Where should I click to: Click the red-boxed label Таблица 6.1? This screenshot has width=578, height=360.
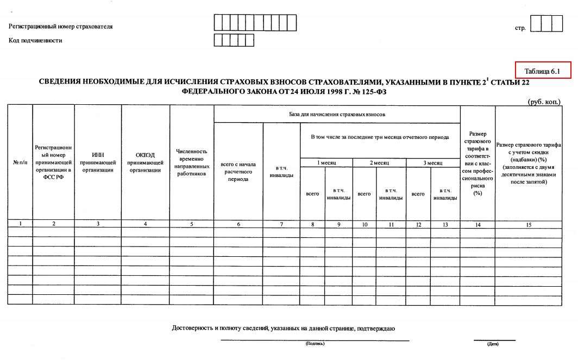coord(542,71)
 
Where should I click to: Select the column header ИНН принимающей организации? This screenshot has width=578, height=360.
coord(98,162)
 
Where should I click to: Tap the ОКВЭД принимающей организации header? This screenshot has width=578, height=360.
coord(146,162)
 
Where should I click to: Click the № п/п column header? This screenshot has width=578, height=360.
coord(20,162)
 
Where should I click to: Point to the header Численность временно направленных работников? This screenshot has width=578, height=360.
coord(192,162)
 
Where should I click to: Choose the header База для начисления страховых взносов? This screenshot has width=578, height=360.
coord(337,115)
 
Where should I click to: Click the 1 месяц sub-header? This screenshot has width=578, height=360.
coord(326,163)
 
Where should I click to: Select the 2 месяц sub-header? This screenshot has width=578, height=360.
coord(379,163)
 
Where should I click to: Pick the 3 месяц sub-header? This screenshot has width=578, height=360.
coord(432,163)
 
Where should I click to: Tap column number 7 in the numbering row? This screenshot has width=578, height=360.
coord(281,225)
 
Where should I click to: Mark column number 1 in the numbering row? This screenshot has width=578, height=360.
coord(20,224)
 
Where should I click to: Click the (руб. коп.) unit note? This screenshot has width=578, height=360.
coord(544,101)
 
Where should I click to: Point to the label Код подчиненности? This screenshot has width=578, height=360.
coord(35,40)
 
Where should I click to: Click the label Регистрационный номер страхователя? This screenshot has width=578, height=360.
coord(61,27)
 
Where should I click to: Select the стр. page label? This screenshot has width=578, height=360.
coord(520,27)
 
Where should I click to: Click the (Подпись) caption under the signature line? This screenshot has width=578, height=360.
coord(315,344)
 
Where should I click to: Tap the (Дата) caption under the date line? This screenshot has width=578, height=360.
coord(493,344)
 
